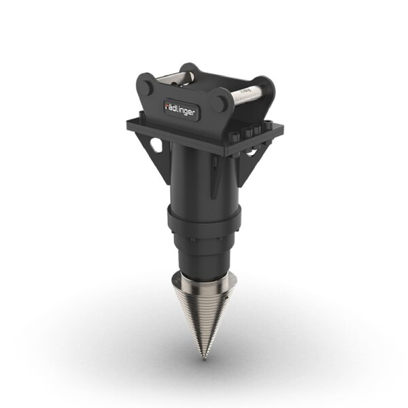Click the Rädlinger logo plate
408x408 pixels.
click(182, 107)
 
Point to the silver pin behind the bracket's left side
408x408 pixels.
click(175, 74)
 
